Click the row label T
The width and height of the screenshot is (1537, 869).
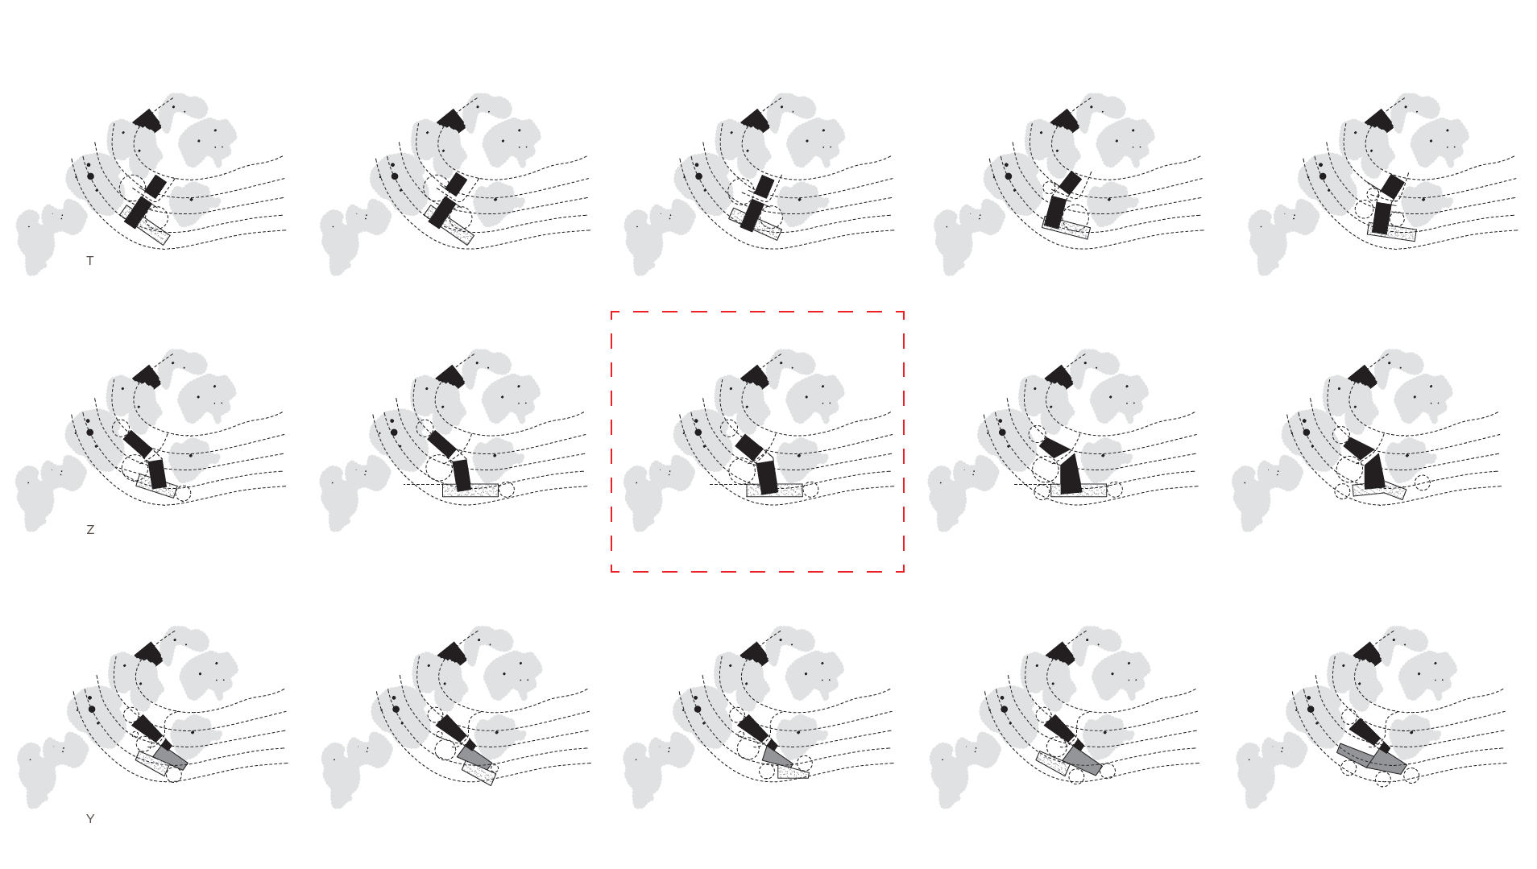(x=90, y=261)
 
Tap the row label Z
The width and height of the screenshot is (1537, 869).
(x=90, y=530)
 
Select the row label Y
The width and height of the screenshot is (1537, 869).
(x=90, y=819)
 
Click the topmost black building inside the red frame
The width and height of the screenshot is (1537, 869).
(x=755, y=375)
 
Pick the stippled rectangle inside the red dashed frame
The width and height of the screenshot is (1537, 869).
(x=775, y=490)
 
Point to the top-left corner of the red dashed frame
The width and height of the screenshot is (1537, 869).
(x=611, y=312)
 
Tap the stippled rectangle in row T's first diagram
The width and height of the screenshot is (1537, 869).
(x=146, y=225)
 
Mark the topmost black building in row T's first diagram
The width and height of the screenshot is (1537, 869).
(x=147, y=121)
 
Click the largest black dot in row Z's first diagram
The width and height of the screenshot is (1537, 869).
(x=89, y=432)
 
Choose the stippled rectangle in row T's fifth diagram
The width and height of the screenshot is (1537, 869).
(x=1392, y=232)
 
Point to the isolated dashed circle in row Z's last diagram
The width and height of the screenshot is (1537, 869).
(x=1423, y=483)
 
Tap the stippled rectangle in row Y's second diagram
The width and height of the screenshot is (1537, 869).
(x=478, y=773)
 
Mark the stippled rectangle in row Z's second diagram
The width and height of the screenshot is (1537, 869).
(x=470, y=490)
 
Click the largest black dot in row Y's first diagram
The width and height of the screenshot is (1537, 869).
(x=92, y=710)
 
